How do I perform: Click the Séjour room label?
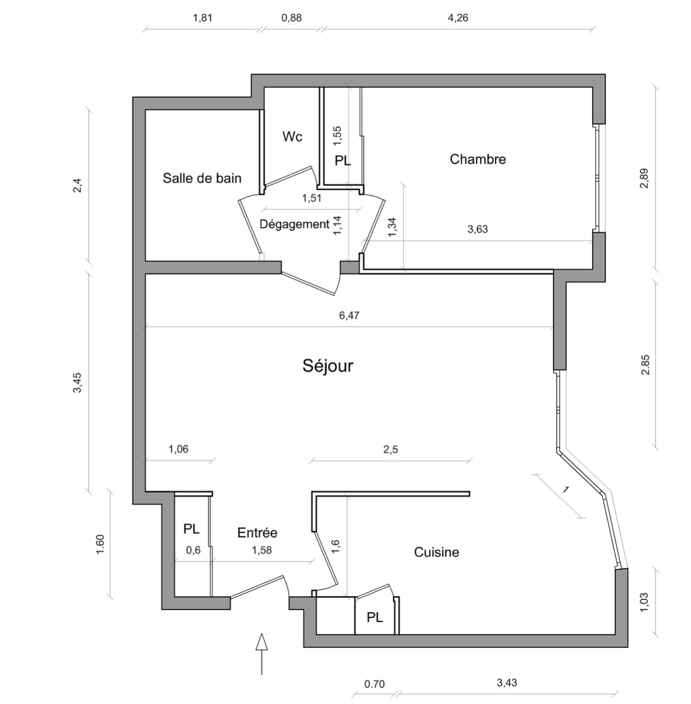pyautogui.click(x=328, y=366)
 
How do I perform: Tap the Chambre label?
pyautogui.click(x=478, y=159)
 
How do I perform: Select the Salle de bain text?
pyautogui.click(x=202, y=178)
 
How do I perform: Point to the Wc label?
pyautogui.click(x=292, y=137)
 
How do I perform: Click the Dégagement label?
pyautogui.click(x=294, y=224)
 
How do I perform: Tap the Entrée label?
pyautogui.click(x=257, y=532)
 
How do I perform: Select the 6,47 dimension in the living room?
pyautogui.click(x=349, y=316)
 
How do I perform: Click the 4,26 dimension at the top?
pyautogui.click(x=458, y=18)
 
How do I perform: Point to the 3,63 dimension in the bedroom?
pyautogui.click(x=478, y=229)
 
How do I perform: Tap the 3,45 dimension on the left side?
pyautogui.click(x=78, y=383)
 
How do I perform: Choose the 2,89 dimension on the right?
pyautogui.click(x=645, y=178)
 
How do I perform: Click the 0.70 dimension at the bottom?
pyautogui.click(x=375, y=684)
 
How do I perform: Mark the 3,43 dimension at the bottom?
pyautogui.click(x=507, y=682)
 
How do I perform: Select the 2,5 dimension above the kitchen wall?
pyautogui.click(x=390, y=449)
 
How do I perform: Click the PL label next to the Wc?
pyautogui.click(x=343, y=161)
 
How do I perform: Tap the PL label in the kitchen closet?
pyautogui.click(x=375, y=618)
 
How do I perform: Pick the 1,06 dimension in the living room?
pyautogui.click(x=179, y=449)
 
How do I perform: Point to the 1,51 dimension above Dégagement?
pyautogui.click(x=312, y=198)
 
